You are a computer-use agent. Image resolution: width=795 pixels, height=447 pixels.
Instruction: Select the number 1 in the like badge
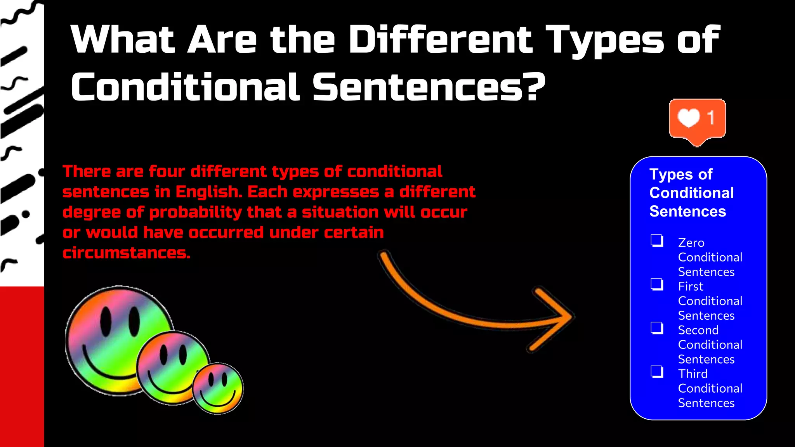(711, 118)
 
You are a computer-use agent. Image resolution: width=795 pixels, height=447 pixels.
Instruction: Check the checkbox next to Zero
(657, 241)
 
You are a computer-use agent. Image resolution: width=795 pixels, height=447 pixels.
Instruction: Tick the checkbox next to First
(657, 284)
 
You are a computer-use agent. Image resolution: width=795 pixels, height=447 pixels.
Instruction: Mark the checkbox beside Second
(657, 328)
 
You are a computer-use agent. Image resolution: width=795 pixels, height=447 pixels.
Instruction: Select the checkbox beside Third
(657, 372)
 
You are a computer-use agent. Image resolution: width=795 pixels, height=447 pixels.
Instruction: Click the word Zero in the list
(691, 243)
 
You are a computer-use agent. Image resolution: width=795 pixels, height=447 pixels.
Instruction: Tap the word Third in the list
(693, 374)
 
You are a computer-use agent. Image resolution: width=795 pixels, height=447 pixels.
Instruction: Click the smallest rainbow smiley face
(218, 388)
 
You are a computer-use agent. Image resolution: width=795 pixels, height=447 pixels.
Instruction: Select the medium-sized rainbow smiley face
(173, 367)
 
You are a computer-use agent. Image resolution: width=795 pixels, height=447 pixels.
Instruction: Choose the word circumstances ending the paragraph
(126, 253)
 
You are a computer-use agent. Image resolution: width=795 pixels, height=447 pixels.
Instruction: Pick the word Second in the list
(698, 330)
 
